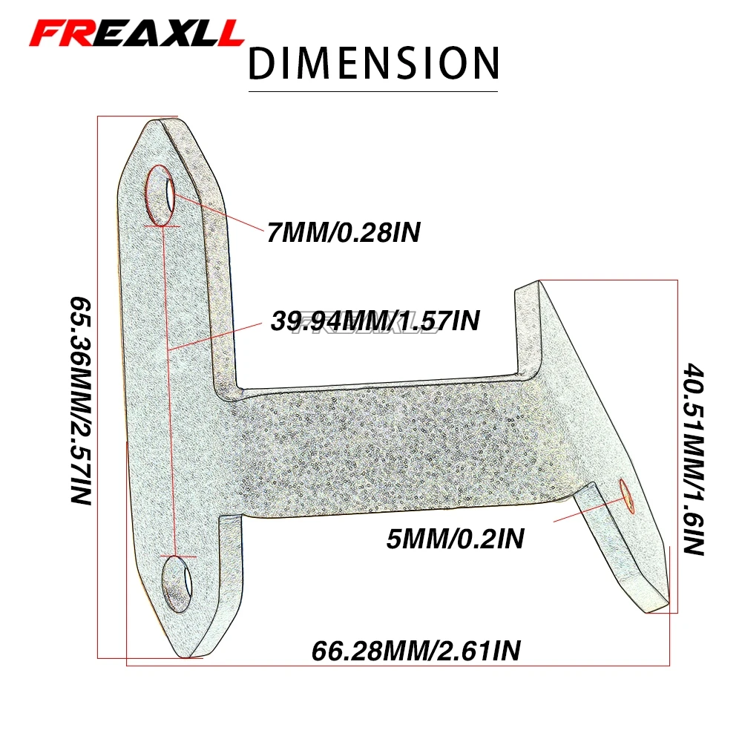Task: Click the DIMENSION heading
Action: [373, 63]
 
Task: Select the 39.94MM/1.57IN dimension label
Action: [375, 321]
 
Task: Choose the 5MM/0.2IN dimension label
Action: [455, 538]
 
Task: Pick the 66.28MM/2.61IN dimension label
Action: [416, 651]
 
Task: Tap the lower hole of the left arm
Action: [178, 583]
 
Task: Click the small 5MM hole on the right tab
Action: [625, 495]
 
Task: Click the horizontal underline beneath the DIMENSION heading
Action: [373, 91]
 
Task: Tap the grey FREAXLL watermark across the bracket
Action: [364, 327]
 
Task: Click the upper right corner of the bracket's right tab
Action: [540, 282]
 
